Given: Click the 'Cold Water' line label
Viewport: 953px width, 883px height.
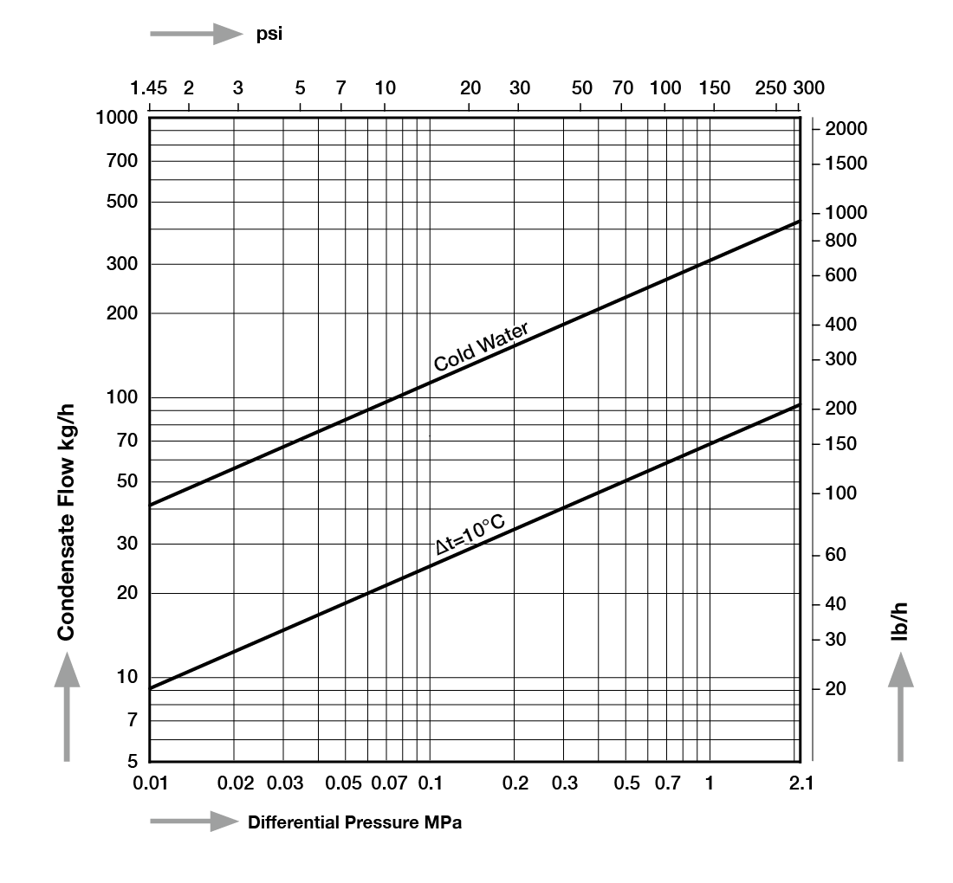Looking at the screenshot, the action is coord(481,346).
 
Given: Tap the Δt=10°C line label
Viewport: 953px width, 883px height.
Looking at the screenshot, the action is coord(470,534).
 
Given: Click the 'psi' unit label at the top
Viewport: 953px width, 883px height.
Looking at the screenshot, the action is coord(269,34).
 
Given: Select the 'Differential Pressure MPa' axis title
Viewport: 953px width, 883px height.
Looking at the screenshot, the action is coord(355,822).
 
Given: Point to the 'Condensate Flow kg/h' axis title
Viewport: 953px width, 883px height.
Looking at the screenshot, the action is coord(66,522).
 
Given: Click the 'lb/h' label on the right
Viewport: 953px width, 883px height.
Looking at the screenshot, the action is coord(899,622).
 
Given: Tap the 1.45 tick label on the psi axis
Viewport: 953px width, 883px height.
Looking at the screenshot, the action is coord(149,88).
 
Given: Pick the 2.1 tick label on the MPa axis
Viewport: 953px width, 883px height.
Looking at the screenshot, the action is coord(801,783).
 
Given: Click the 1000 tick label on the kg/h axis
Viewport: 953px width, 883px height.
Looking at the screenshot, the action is coord(117,117).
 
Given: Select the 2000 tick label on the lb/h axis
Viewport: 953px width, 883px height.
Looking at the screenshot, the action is coord(846,129).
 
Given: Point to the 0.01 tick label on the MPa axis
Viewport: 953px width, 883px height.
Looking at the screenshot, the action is coord(150,783).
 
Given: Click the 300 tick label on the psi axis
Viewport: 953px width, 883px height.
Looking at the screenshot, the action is coord(809,88).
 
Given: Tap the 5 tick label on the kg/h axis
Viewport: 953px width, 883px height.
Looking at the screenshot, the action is coord(133,761).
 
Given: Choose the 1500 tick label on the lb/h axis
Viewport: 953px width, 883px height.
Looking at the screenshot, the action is coord(846,164).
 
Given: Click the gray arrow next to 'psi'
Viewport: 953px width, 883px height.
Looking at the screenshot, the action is coord(197,34).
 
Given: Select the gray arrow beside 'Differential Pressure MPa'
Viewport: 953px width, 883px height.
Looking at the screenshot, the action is coord(194,821).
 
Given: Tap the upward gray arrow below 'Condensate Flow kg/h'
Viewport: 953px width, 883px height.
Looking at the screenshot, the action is coord(67,706).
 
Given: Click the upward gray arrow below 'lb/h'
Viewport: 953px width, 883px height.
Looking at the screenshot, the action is coord(900,706).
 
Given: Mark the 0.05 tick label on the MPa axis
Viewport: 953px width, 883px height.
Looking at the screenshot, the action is coord(343,783).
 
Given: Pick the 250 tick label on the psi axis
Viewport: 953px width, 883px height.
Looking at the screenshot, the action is coord(770,88).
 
